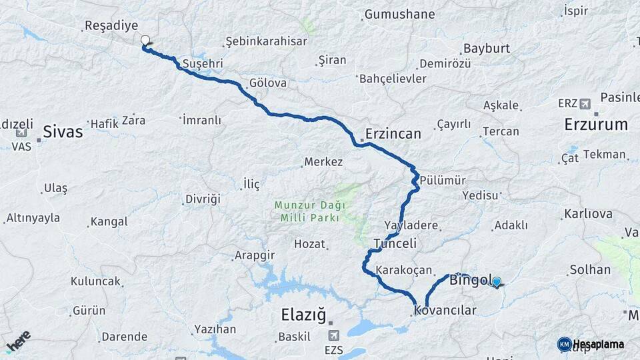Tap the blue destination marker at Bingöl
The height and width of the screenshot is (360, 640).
coord(496,282)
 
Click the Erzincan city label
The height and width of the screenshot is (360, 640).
coord(393,134)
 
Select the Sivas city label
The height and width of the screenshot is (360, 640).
coord(63,131)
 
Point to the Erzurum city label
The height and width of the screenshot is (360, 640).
coord(596,125)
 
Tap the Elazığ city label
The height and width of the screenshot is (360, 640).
coord(304,313)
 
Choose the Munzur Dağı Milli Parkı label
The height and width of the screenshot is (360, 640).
coord(307,211)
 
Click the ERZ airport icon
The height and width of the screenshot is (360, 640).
coord(585,103)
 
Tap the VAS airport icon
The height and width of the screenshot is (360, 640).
coord(21,133)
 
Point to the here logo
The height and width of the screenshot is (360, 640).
coord(19,340)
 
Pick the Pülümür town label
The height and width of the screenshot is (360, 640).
coord(443,181)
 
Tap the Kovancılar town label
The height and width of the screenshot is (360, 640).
coord(445,311)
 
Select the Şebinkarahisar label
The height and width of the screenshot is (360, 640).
coord(267,41)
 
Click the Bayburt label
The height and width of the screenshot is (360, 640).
coord(486,49)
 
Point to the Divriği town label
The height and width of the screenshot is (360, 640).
coord(203,199)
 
